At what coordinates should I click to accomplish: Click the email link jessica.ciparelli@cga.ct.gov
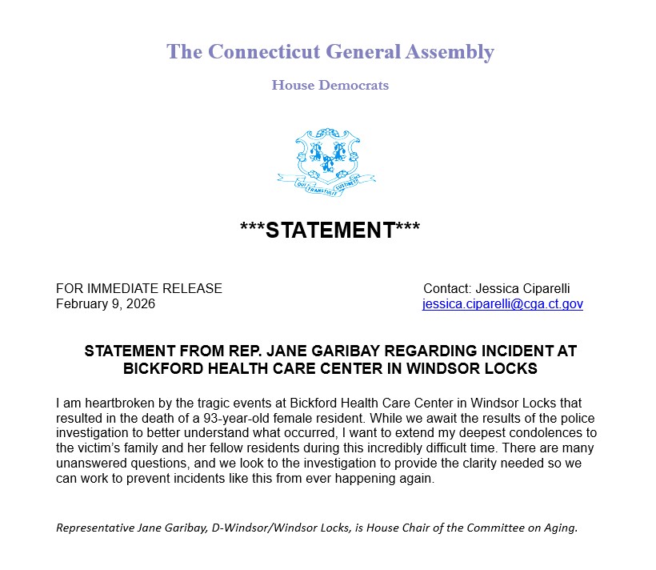pos(502,304)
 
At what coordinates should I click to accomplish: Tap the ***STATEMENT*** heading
pos(330,230)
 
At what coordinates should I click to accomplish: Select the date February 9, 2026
pos(106,304)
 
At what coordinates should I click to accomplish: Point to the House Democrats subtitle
pos(330,85)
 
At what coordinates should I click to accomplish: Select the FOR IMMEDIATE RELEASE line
pos(139,288)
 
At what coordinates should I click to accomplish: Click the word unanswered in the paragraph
pos(93,464)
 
